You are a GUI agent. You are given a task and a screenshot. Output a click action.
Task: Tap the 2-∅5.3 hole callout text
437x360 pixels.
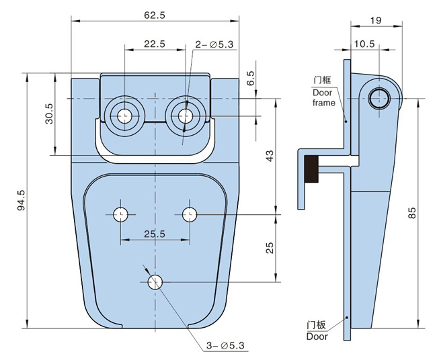click(x=214, y=44)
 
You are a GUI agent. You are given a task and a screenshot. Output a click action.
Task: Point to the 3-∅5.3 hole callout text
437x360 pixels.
click(x=226, y=346)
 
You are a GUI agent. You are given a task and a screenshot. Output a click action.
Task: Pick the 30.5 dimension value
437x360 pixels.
click(x=47, y=115)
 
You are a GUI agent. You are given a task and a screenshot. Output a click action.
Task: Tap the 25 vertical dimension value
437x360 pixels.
click(x=270, y=247)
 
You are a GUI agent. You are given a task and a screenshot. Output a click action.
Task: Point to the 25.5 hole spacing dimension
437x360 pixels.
click(x=154, y=234)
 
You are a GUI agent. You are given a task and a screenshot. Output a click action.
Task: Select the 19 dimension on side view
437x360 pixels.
click(x=376, y=21)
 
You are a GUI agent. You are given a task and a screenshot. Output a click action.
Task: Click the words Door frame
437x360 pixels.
click(x=323, y=97)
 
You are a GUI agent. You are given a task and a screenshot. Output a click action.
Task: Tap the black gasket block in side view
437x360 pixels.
click(x=311, y=169)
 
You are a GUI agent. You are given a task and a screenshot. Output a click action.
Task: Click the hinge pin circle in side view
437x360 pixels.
click(x=379, y=99)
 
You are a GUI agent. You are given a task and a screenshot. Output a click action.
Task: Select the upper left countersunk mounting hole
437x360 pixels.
click(x=123, y=116)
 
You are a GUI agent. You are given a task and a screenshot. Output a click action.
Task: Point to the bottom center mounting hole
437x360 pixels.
click(x=155, y=282)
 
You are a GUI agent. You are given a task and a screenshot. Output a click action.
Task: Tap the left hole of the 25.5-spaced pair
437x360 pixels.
click(x=120, y=214)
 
